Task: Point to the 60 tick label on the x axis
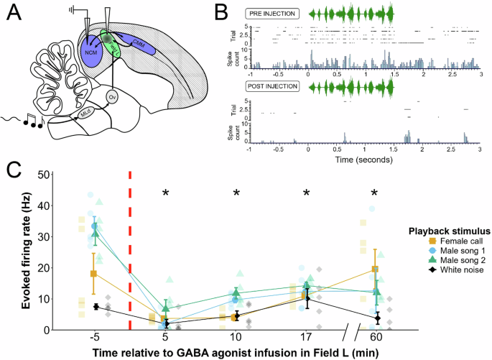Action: click(375, 337)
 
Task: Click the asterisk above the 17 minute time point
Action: click(307, 193)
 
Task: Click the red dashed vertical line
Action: click(130, 251)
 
